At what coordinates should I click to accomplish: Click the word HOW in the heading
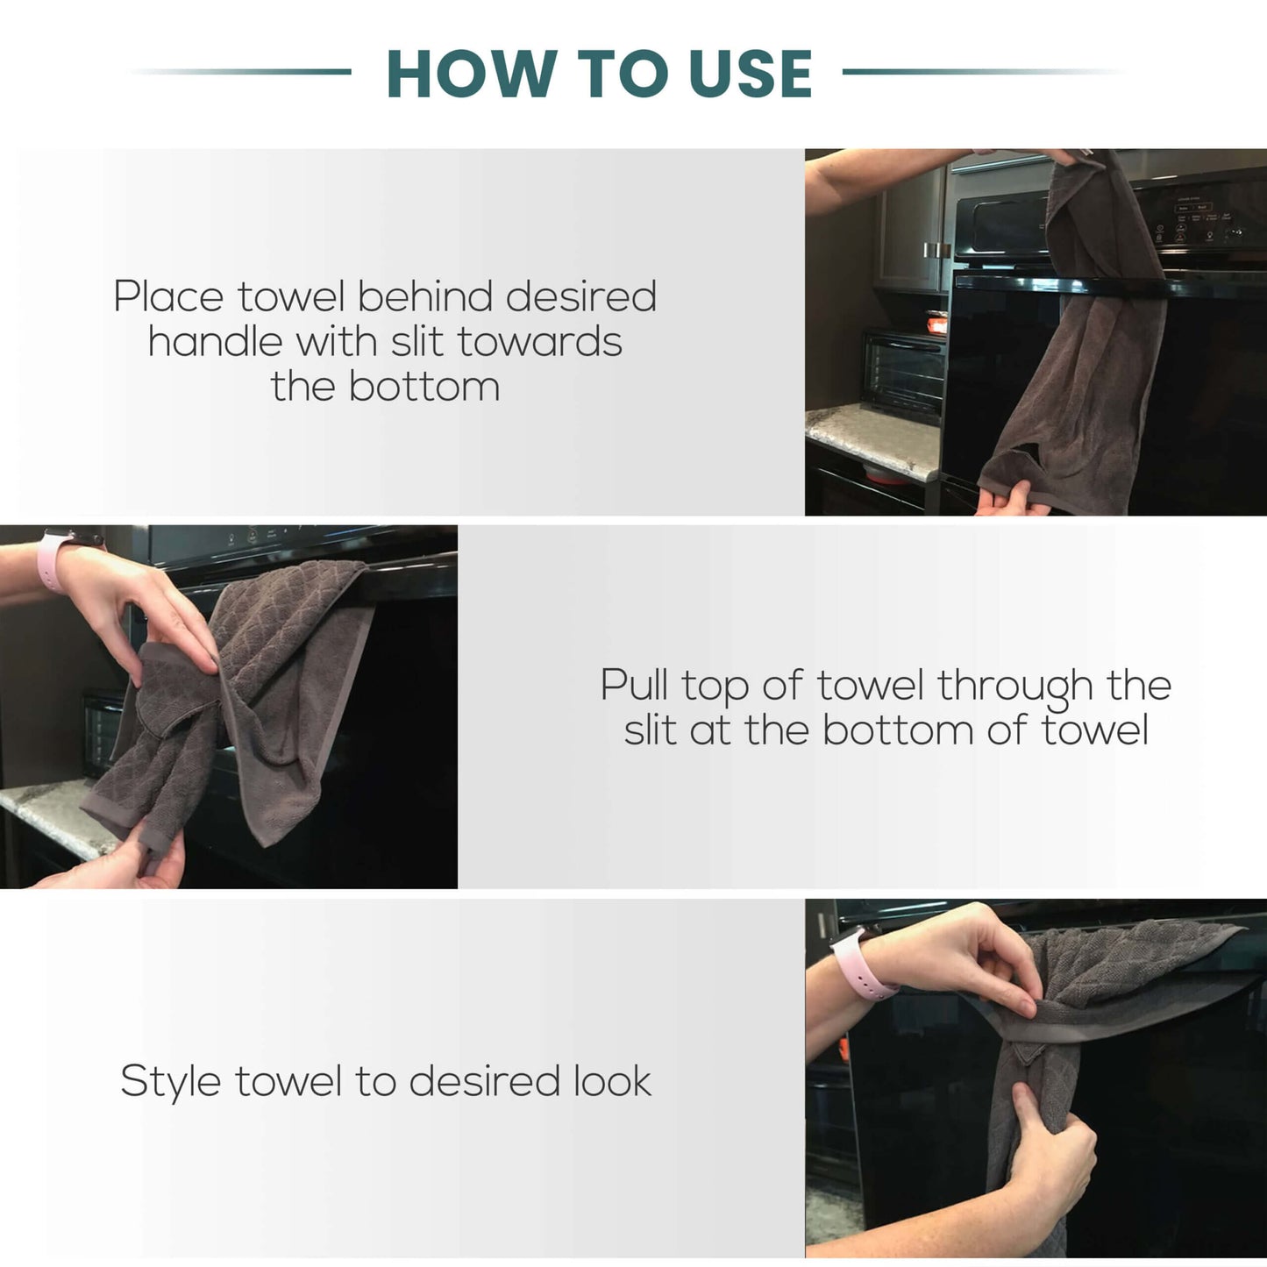(x=469, y=74)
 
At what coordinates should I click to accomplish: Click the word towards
(x=540, y=342)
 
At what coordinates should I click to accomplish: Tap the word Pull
(x=635, y=685)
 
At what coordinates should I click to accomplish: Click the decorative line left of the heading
(x=240, y=72)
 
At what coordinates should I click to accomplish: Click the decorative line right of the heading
(x=982, y=72)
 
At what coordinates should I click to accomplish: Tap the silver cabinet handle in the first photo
(x=937, y=251)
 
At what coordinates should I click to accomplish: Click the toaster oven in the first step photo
(x=903, y=374)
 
